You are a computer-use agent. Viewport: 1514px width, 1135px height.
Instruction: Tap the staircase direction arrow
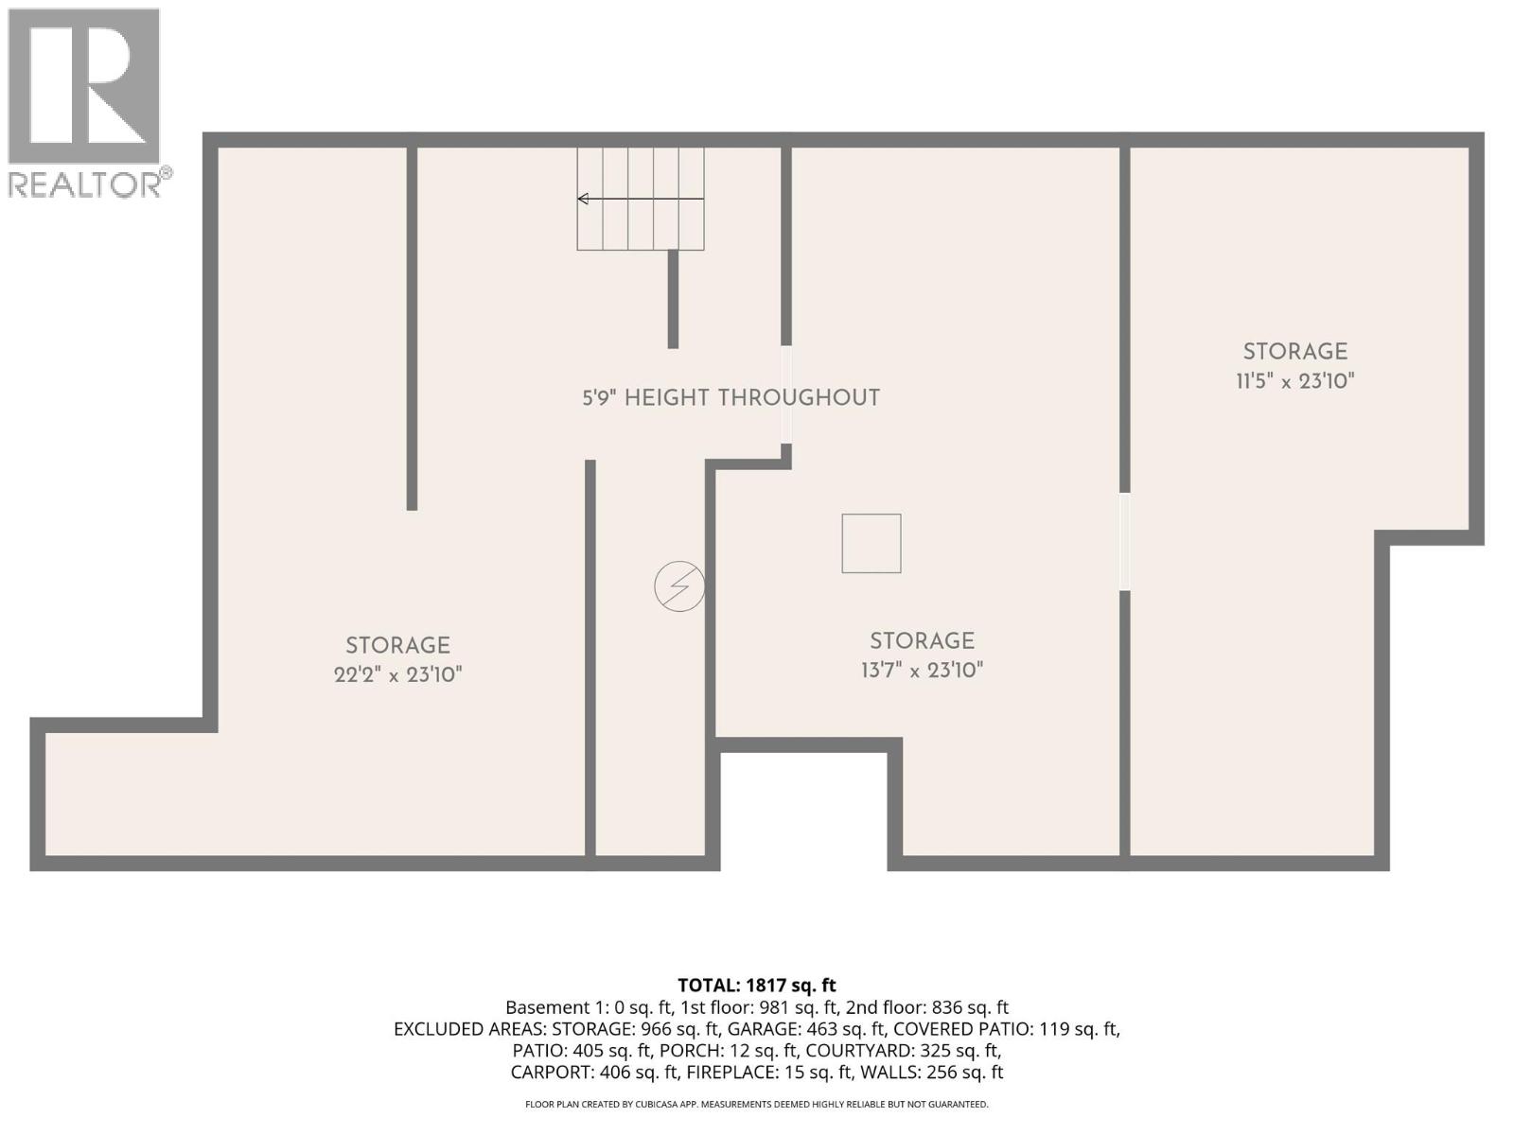coord(640,199)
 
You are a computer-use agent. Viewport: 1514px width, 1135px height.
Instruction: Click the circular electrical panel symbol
coord(679,586)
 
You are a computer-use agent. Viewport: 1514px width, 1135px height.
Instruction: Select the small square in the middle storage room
coord(871,544)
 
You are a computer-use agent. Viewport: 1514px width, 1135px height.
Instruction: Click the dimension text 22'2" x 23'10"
coord(397,675)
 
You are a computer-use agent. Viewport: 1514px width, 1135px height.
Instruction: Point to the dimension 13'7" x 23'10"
coord(922,671)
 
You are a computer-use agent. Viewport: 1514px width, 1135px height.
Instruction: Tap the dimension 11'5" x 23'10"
coord(1294,381)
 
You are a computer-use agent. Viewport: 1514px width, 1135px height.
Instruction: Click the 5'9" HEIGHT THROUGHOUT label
coord(731,397)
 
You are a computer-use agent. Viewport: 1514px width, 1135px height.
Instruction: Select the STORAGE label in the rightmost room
coord(1294,351)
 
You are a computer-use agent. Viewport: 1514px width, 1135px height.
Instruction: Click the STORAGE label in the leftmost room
coord(397,645)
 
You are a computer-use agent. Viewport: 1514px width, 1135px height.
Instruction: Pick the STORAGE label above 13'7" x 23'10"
coord(922,640)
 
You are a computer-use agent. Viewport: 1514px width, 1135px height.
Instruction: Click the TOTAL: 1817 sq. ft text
coord(756,986)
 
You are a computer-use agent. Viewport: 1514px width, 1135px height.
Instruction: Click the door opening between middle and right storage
coord(1124,541)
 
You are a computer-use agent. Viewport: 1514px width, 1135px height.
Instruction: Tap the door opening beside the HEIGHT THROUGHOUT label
coord(786,394)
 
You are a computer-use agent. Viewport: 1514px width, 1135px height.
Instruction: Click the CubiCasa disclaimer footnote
coord(756,1104)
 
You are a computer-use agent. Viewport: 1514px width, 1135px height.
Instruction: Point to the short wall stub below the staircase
coord(673,299)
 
